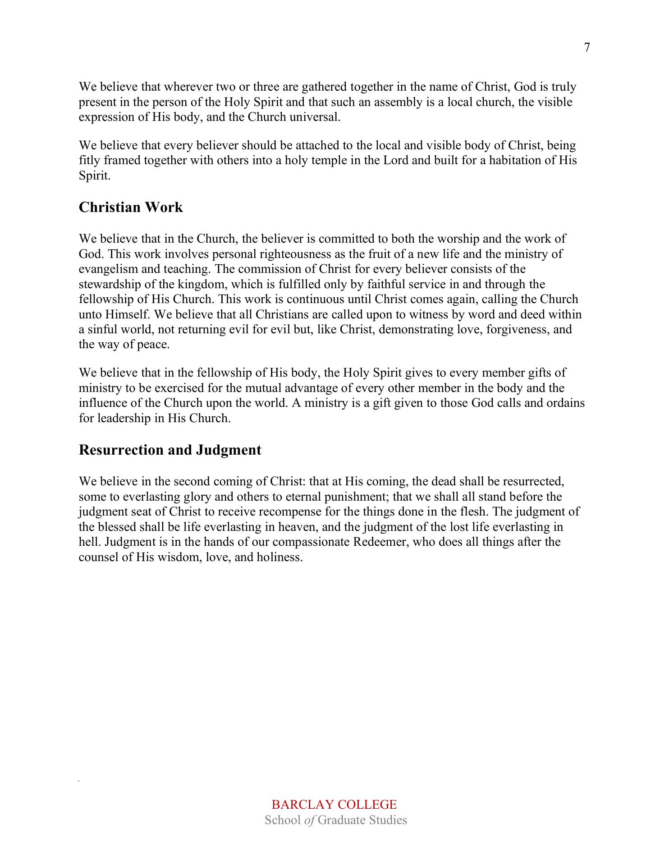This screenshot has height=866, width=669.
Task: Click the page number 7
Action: [x=587, y=48]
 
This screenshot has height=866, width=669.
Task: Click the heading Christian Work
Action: [x=131, y=207]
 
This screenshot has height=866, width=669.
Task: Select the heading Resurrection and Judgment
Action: [x=170, y=450]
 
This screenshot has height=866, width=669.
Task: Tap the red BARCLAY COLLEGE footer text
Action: [x=334, y=805]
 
